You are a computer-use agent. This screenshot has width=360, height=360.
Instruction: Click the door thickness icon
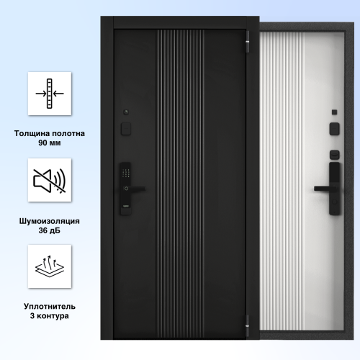[x=50, y=94]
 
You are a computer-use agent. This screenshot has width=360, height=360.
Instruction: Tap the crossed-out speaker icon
[x=50, y=181]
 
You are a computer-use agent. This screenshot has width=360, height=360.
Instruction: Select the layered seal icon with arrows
[x=50, y=266]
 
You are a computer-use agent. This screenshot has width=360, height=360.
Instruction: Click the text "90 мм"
[x=50, y=143]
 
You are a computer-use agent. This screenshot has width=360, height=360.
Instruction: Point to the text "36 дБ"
[x=50, y=230]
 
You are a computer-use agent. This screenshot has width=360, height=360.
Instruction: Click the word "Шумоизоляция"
[x=50, y=221]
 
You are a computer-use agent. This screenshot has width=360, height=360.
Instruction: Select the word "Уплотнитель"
[x=50, y=307]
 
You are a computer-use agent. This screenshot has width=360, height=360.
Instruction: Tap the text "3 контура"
[x=50, y=316]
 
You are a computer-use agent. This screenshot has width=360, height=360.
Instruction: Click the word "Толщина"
[x=32, y=133]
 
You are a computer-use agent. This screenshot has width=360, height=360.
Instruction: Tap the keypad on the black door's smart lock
[x=126, y=173]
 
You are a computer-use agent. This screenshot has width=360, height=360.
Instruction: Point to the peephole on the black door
[x=126, y=112]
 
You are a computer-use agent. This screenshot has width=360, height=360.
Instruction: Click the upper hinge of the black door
[x=247, y=42]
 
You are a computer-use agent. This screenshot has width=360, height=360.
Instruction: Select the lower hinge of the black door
[x=247, y=325]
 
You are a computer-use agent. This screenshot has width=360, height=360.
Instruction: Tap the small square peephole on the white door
[x=334, y=112]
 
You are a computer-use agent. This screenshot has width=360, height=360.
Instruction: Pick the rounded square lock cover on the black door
[x=126, y=129]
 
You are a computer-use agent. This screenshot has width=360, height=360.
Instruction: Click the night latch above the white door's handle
[x=334, y=155]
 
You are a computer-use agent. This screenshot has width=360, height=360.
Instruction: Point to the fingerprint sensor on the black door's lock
[x=126, y=189]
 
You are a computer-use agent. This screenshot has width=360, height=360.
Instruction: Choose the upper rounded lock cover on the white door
[x=334, y=129]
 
